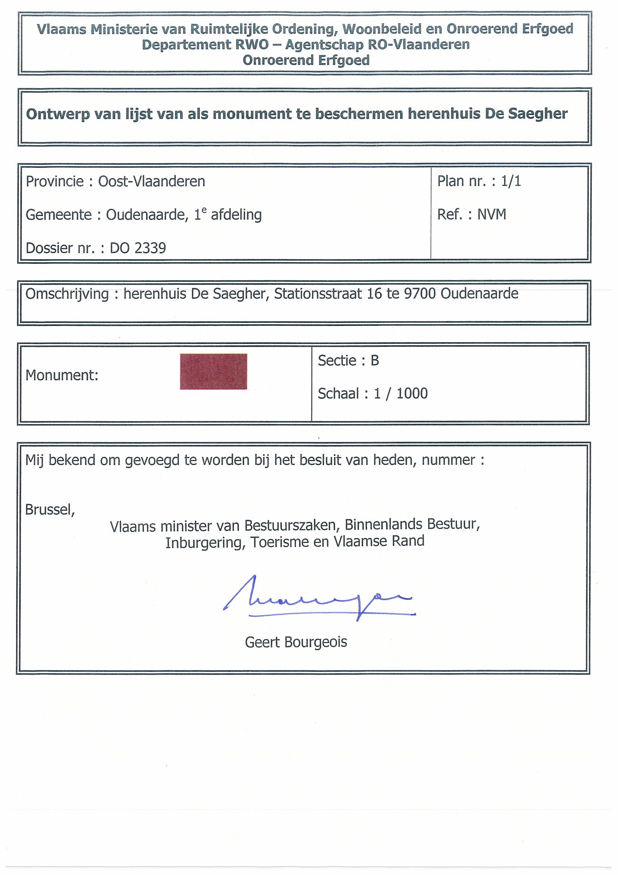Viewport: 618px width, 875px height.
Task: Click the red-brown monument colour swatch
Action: click(213, 372)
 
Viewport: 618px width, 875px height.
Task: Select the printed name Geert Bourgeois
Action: click(296, 642)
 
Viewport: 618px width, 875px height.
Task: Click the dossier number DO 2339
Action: click(138, 248)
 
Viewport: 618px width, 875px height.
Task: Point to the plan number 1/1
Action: click(511, 181)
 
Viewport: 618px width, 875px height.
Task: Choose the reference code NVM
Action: click(492, 215)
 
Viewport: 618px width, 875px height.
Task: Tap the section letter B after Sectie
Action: click(375, 360)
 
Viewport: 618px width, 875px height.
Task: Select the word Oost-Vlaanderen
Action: click(152, 181)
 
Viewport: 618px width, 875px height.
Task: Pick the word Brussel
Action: click(49, 510)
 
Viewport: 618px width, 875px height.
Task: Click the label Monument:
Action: click(62, 375)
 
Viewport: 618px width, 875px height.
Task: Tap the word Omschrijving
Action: click(67, 294)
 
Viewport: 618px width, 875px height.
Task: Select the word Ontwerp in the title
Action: click(53, 114)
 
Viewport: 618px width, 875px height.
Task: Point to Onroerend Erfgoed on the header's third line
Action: click(306, 60)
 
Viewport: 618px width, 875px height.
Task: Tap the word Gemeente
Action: click(59, 215)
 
